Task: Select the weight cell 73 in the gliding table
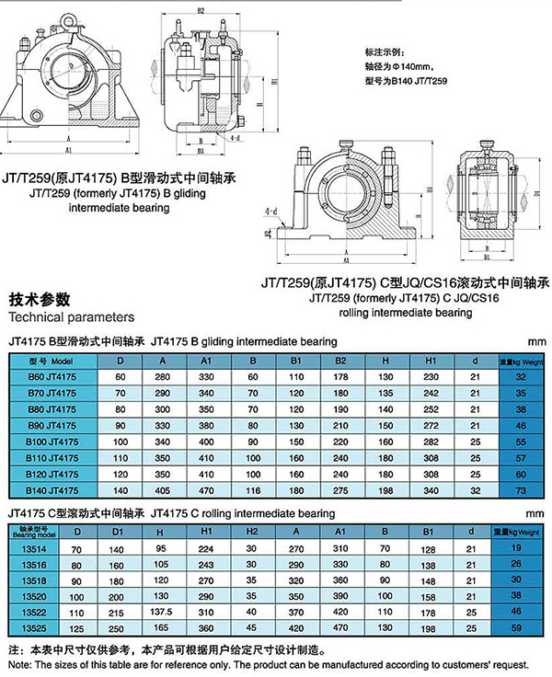[520, 490]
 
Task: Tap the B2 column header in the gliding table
[340, 360]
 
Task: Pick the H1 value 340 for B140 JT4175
[431, 490]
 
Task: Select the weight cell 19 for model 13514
[516, 549]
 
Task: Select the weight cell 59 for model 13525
[516, 627]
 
